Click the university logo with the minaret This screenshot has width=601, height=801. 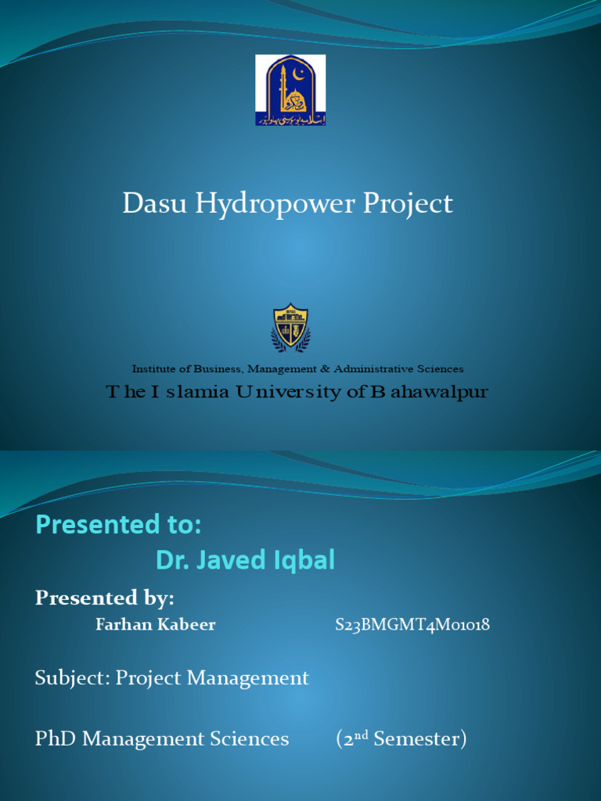click(x=290, y=90)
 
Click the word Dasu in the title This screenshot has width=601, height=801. click(x=154, y=204)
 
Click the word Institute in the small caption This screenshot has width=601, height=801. click(x=153, y=368)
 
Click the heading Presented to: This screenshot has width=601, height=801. click(x=118, y=526)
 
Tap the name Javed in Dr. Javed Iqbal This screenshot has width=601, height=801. click(x=230, y=560)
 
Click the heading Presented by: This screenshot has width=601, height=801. click(x=104, y=598)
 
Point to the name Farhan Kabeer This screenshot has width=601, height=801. click(x=155, y=624)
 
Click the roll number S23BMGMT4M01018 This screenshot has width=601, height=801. click(x=412, y=624)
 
